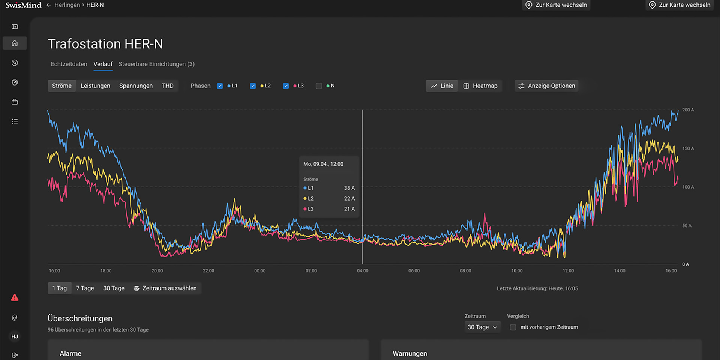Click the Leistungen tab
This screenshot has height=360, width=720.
95,86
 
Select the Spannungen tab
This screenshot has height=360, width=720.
136,86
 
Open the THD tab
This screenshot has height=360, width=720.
168,86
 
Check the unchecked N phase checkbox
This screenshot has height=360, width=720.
319,86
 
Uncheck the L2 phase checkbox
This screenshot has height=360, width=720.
253,86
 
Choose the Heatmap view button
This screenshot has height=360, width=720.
480,86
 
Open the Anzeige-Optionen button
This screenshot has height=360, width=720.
546,86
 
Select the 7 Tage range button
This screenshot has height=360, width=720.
85,288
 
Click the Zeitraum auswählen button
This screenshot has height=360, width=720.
165,288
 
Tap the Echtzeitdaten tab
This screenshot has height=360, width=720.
69,64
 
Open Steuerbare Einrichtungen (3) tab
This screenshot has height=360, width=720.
156,64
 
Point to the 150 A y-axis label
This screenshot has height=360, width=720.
688,148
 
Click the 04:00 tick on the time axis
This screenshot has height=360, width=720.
363,270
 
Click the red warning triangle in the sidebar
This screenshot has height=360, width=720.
15,298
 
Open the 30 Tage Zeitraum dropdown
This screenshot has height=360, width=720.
482,327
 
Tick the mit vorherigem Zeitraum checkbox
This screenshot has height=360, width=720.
513,327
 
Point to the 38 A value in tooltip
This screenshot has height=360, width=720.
349,188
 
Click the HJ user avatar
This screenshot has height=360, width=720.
15,336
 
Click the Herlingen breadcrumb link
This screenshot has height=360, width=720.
67,5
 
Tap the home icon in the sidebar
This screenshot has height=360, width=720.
15,43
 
